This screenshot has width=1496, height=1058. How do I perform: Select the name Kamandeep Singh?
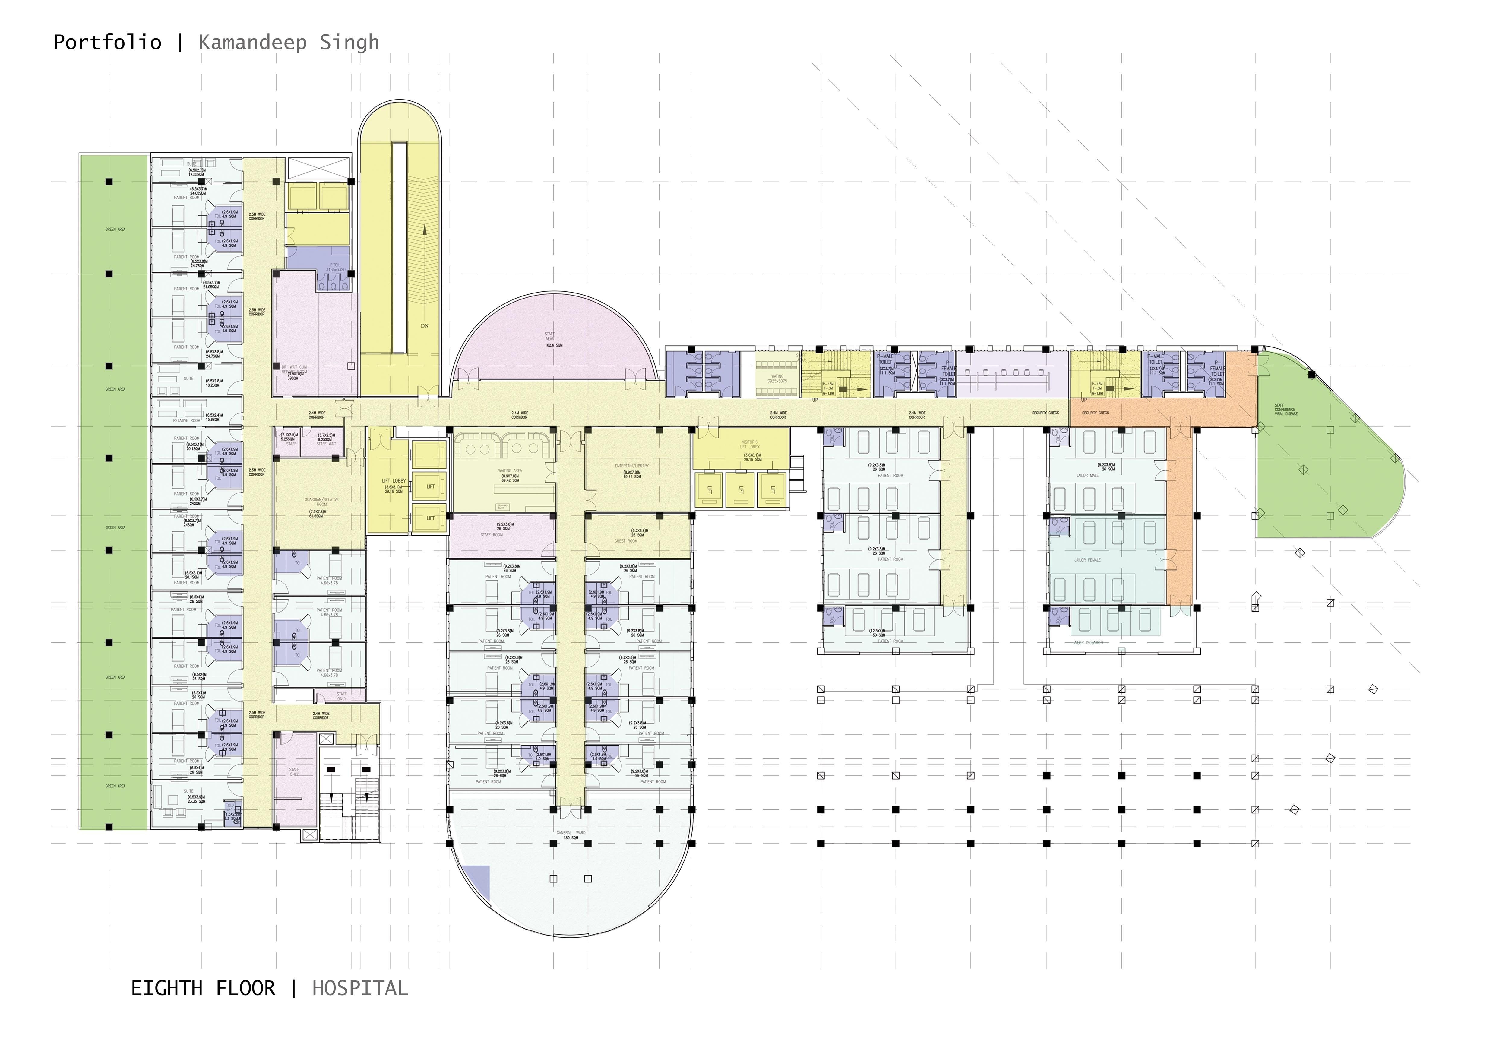pos(289,42)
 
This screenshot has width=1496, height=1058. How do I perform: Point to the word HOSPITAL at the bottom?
pos(360,988)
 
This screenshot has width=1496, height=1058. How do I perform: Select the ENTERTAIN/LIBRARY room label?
pos(631,467)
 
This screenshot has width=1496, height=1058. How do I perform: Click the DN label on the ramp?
pos(424,326)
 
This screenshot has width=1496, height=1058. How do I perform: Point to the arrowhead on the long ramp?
pos(424,229)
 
